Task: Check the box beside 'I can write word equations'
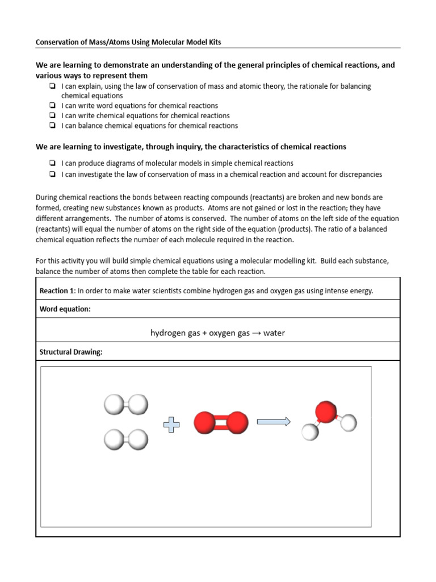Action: pyautogui.click(x=52, y=106)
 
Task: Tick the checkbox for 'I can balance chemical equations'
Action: pyautogui.click(x=52, y=126)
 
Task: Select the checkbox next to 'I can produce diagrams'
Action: pyautogui.click(x=52, y=164)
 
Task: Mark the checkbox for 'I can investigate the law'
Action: pyautogui.click(x=52, y=174)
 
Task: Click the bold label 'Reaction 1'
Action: pyautogui.click(x=56, y=291)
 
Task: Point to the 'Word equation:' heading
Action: pyautogui.click(x=65, y=309)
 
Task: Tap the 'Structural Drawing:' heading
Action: pyautogui.click(x=71, y=352)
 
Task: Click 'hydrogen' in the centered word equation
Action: pyautogui.click(x=167, y=333)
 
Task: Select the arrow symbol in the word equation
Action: pyautogui.click(x=257, y=333)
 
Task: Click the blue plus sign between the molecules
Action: pyautogui.click(x=171, y=424)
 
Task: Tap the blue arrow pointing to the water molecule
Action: pyautogui.click(x=274, y=422)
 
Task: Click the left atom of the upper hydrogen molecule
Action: pyautogui.click(x=113, y=405)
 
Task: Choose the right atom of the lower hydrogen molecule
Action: pyautogui.click(x=138, y=439)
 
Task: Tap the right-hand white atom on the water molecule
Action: pyautogui.click(x=349, y=422)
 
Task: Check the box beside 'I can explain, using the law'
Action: pyautogui.click(x=52, y=86)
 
